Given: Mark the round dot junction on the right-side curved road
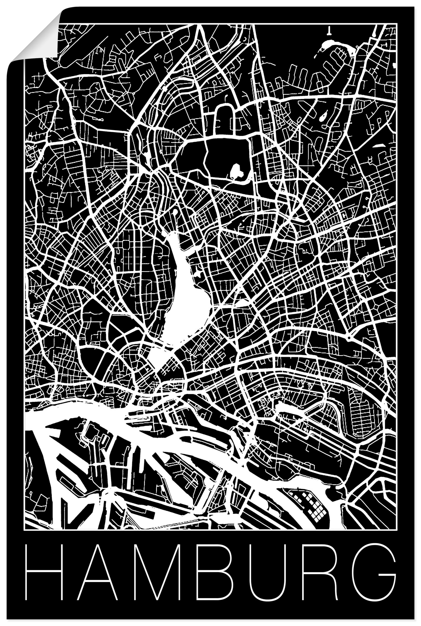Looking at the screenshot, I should click(x=348, y=338).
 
